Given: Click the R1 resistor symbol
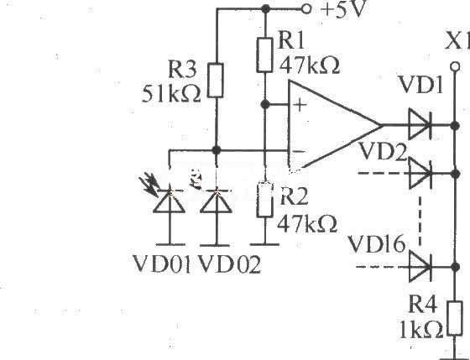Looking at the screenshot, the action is (x=264, y=55).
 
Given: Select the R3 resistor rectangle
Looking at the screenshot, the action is (x=216, y=81).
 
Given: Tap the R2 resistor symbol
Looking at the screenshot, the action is (x=264, y=200).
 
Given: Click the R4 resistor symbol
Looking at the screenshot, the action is (x=455, y=318).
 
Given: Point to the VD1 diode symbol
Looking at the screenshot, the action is (x=420, y=125).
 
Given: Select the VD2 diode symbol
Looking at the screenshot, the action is (x=420, y=173).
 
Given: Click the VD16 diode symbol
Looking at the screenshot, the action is (x=420, y=267).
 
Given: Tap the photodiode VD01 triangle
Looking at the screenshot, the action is (x=169, y=201).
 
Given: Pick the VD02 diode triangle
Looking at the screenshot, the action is (x=216, y=201).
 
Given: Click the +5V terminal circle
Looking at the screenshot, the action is (x=306, y=9).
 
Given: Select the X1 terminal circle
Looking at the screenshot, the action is (x=455, y=66).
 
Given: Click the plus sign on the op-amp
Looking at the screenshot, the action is (x=300, y=105).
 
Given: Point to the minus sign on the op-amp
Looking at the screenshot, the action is (x=299, y=151).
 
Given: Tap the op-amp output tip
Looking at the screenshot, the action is (x=382, y=125).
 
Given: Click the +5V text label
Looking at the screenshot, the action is (x=342, y=9).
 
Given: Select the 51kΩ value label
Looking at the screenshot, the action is (x=171, y=93).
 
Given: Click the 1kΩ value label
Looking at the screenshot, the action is (x=421, y=330).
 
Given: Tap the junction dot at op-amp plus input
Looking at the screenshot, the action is (x=264, y=104).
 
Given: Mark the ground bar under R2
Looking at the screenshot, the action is (x=264, y=244).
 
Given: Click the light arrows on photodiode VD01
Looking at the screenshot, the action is (x=149, y=185).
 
